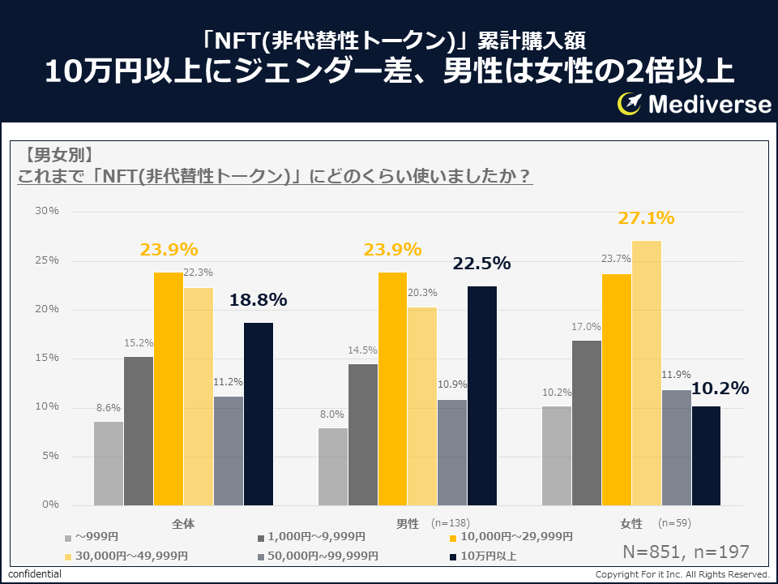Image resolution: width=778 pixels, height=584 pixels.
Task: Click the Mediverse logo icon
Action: coord(630,104)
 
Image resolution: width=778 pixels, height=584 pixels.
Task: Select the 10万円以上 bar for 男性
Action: coord(482,395)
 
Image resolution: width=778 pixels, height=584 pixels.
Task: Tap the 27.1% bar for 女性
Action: coord(647,372)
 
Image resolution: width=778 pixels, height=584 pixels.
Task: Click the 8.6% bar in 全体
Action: coord(109,463)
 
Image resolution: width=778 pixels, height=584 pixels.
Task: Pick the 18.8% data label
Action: coord(258,300)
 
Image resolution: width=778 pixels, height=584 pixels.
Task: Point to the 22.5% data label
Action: coord(481,264)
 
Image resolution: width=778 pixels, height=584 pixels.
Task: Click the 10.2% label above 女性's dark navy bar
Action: coord(719,389)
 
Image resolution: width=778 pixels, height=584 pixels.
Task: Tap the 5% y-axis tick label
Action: coord(50,456)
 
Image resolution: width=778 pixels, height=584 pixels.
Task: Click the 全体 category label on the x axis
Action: coord(183,523)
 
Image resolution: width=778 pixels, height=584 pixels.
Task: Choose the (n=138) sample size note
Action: coord(451,523)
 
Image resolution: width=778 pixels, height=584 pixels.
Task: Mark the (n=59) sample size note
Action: coord(674,523)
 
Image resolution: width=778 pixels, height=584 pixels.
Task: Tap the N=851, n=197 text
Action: coord(686,552)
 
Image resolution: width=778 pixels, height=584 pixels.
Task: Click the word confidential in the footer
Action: coord(35,574)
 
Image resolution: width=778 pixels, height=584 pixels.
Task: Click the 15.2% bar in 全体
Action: coord(139,431)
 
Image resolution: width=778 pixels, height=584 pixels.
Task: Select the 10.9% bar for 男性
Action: coord(452,452)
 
